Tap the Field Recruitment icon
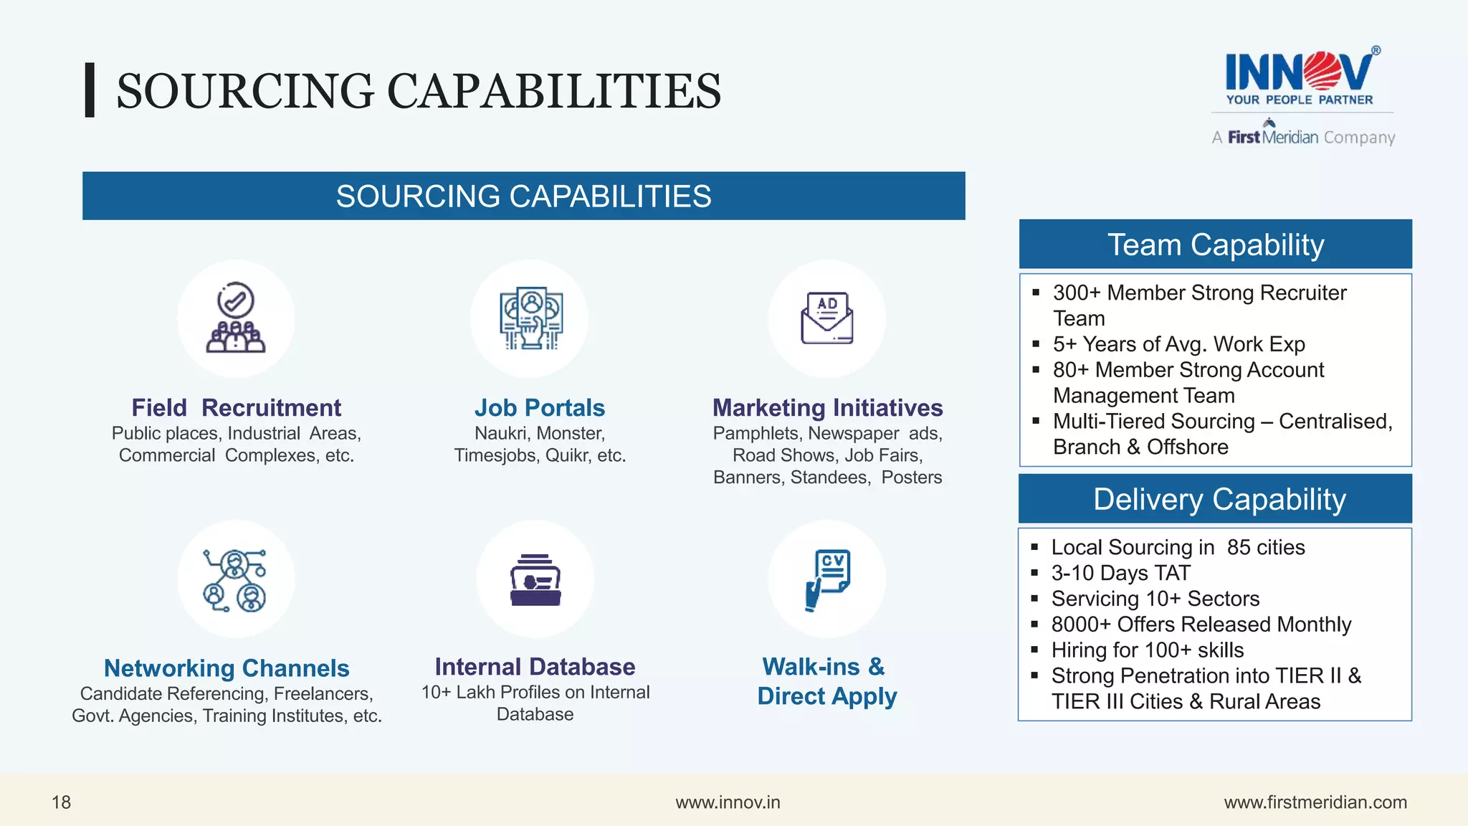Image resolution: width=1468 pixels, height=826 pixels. [x=236, y=318]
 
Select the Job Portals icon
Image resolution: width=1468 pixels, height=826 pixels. [x=531, y=318]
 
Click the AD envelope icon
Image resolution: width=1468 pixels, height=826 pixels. [x=826, y=318]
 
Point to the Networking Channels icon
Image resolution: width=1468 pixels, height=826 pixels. [x=235, y=579]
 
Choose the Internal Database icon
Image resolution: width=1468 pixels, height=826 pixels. [x=535, y=579]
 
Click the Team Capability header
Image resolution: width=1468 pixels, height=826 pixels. [x=1215, y=245]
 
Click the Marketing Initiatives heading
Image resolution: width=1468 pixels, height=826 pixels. [x=827, y=408]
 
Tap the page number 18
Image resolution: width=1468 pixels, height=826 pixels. [x=62, y=802]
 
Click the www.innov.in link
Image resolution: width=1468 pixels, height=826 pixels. [x=728, y=802]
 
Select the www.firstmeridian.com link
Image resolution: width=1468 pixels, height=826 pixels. [x=1315, y=802]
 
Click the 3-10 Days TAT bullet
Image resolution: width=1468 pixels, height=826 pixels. [x=1120, y=574]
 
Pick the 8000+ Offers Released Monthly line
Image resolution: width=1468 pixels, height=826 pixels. [x=1201, y=625]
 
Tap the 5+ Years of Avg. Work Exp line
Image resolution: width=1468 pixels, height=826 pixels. [x=1178, y=344]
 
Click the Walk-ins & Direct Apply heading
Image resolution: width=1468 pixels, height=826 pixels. [x=826, y=681]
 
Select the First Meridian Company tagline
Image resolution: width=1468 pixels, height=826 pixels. [x=1303, y=137]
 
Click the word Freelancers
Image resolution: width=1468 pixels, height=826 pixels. [x=323, y=694]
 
